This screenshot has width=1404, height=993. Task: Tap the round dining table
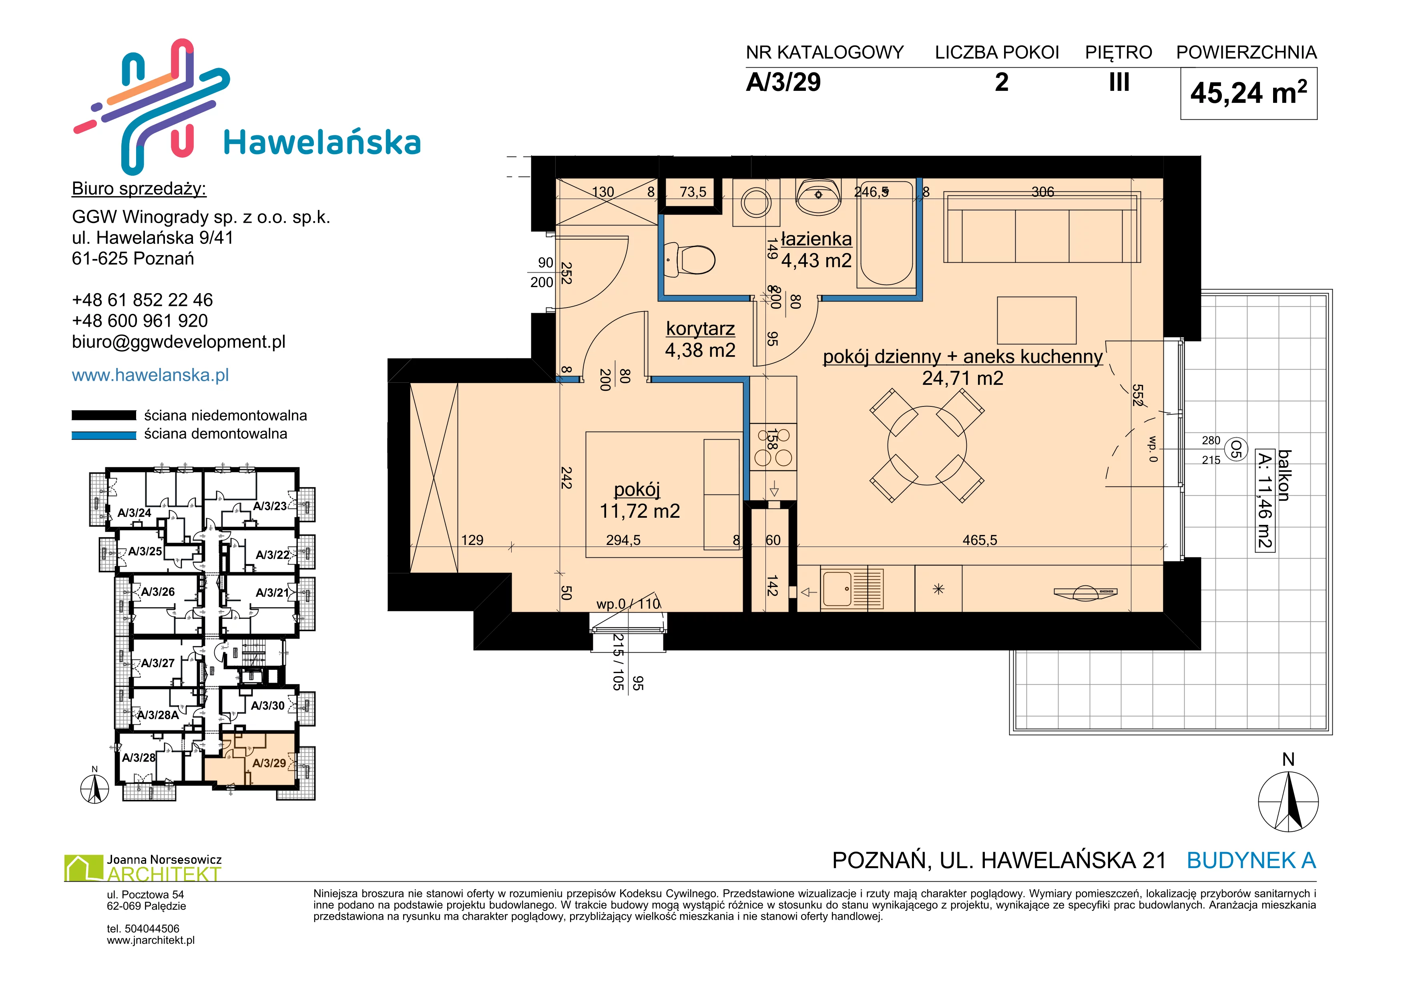point(927,446)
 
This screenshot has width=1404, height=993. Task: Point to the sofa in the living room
point(1042,227)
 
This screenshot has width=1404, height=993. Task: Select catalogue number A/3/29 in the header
point(783,82)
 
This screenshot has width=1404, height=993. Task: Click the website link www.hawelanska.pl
point(151,375)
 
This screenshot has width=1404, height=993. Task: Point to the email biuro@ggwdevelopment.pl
point(179,342)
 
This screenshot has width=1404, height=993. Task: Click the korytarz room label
point(700,328)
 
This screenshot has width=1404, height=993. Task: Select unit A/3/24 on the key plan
point(134,513)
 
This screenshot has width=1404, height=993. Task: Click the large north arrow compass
point(1288,801)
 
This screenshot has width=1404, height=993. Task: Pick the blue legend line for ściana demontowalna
point(104,435)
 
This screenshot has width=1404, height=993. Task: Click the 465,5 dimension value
point(980,540)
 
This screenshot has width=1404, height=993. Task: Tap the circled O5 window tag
point(1236,449)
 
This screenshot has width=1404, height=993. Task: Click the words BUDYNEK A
point(1251,860)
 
